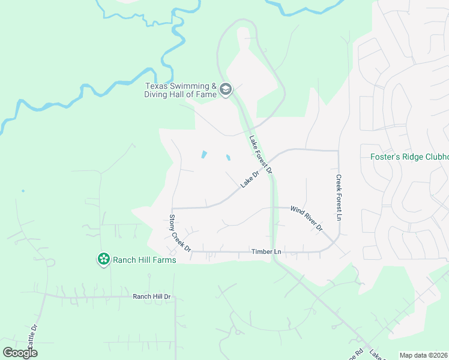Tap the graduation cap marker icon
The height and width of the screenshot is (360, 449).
click(226, 90)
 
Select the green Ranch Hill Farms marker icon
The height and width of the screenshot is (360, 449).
click(104, 259)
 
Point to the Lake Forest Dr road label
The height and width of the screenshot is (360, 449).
click(261, 155)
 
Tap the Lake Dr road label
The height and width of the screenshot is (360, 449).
click(249, 179)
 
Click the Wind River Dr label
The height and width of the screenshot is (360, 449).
click(307, 218)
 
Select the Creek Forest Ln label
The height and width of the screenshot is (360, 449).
click(339, 197)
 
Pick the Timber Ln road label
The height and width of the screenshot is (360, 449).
click(267, 252)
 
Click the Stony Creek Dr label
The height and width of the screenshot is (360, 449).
click(179, 233)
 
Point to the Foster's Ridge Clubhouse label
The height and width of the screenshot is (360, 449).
click(409, 157)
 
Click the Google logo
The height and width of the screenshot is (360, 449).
click(20, 352)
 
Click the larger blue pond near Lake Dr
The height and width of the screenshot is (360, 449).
click(203, 155)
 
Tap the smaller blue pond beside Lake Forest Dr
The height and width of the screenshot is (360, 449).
click(228, 158)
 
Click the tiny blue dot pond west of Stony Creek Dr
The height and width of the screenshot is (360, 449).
click(23, 191)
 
